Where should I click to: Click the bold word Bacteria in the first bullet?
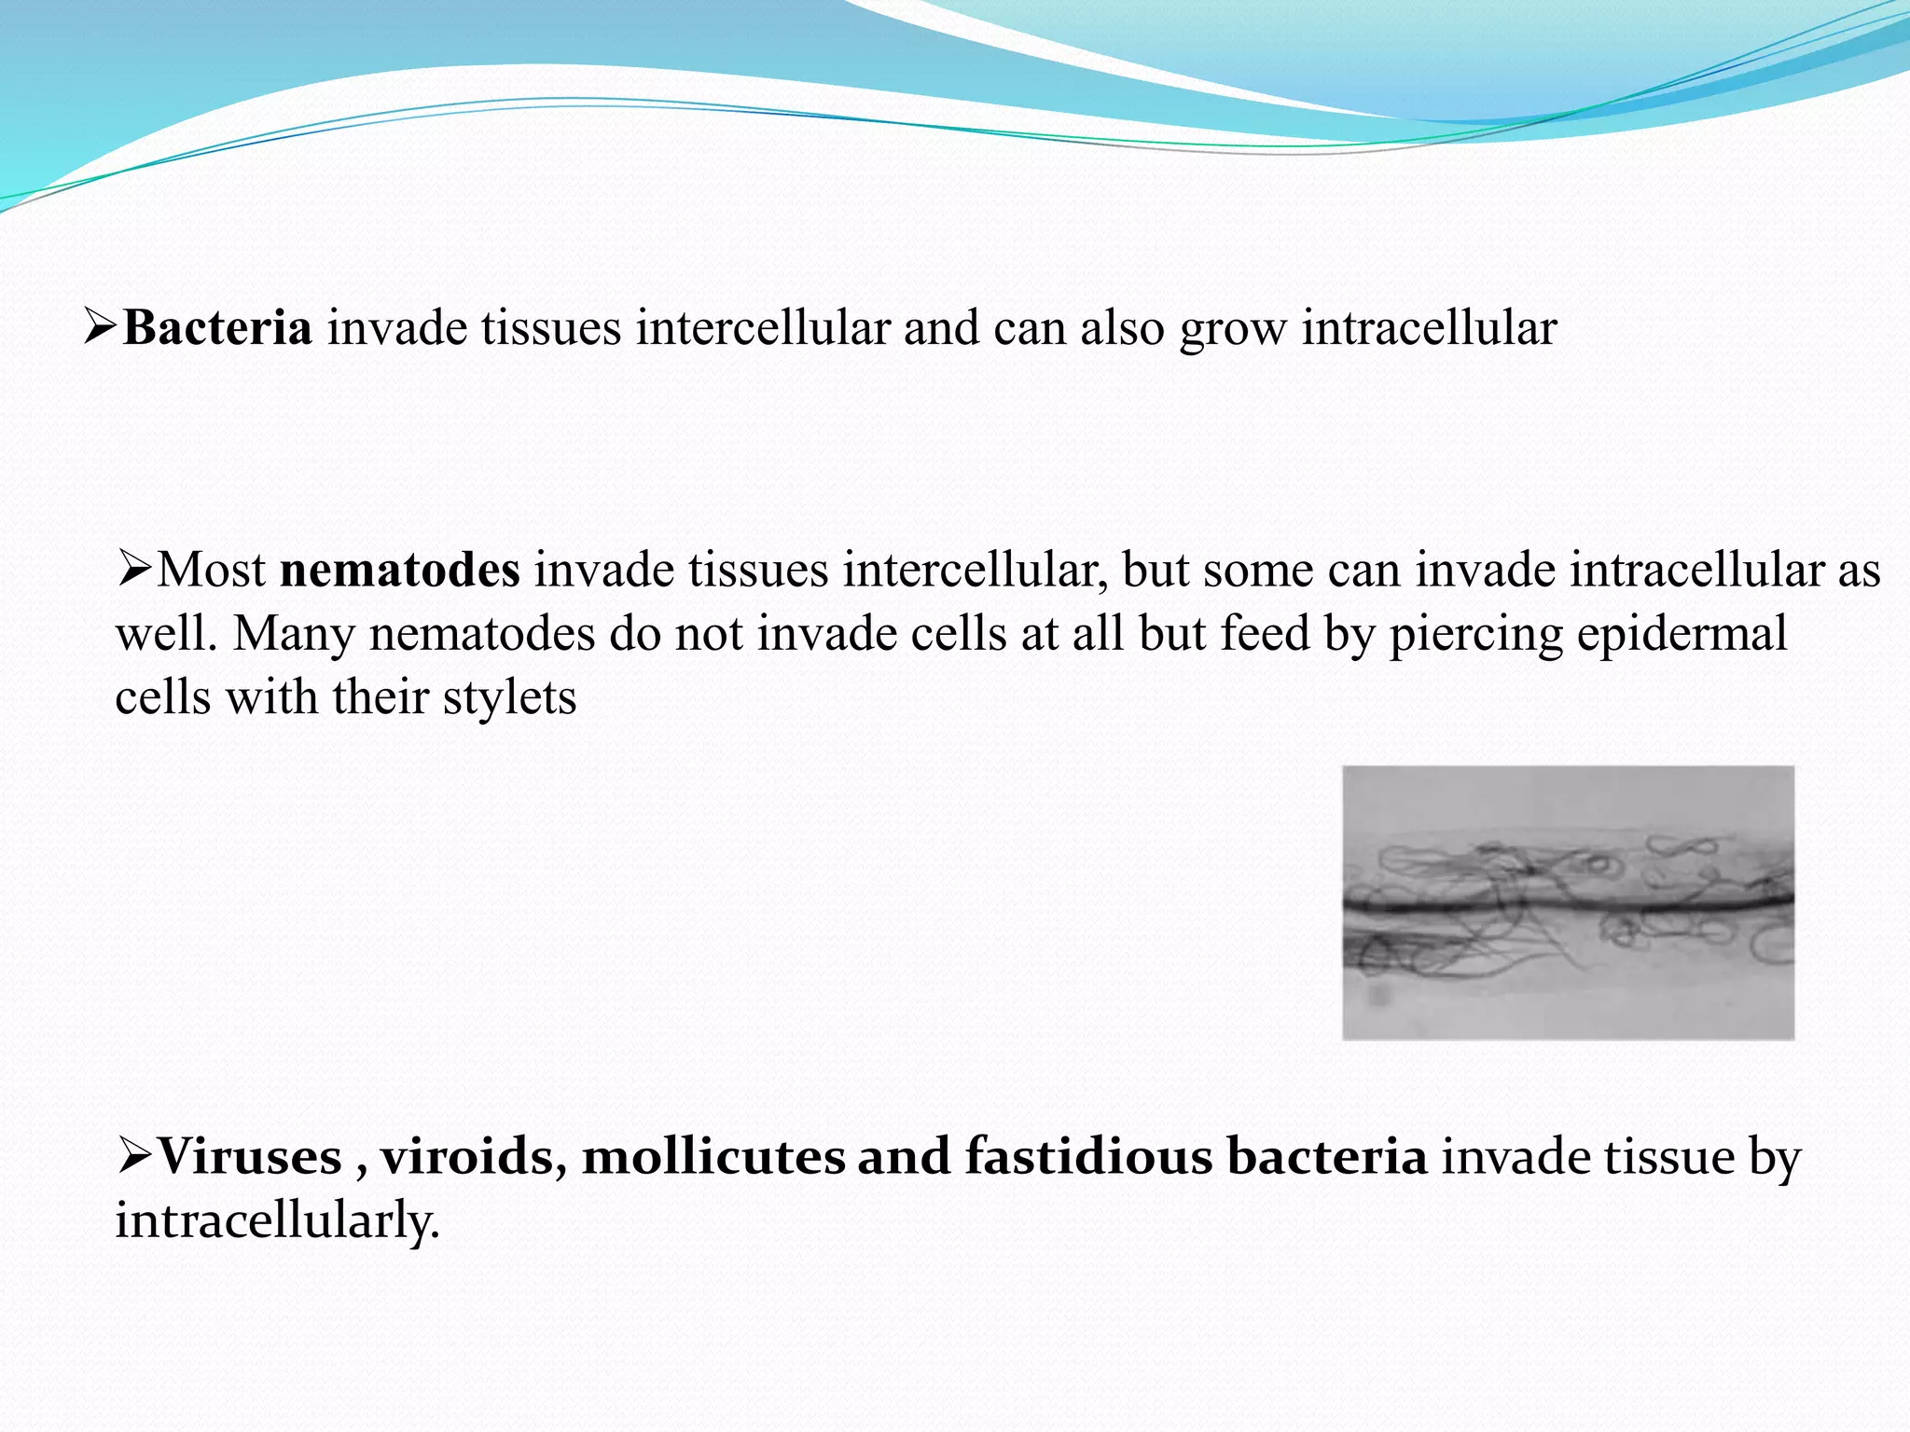click(x=217, y=328)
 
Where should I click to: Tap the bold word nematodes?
click(x=400, y=570)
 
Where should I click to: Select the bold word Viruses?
click(x=249, y=1156)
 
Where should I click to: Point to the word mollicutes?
click(x=713, y=1156)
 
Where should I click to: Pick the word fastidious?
click(x=1088, y=1156)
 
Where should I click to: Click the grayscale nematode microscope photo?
click(x=1568, y=902)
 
